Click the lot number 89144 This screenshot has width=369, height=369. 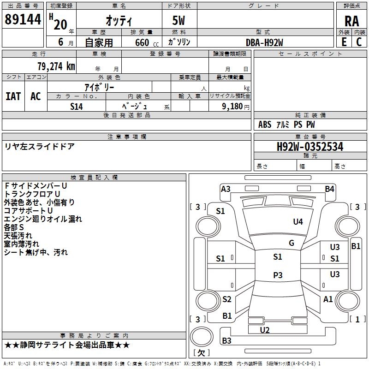pos(23,19)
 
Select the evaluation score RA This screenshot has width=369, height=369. pos(351,21)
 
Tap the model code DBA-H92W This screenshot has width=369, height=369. pos(264,42)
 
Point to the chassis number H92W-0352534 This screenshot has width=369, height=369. pos(310,147)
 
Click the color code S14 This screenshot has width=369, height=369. pos(77,106)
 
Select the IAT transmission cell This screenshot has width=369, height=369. pos(13,96)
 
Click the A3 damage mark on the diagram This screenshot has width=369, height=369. pos(226,189)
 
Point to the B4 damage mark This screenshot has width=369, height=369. pos(329,189)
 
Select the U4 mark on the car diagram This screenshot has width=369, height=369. pos(298,222)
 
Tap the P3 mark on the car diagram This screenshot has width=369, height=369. pos(277,275)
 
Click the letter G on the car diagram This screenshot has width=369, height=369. pos(292,243)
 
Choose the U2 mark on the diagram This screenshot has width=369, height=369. pos(265,330)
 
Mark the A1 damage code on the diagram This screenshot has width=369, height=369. pos(328,299)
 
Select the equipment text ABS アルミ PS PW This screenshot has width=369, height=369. pos(286,125)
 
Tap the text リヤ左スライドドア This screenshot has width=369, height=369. pos(39,147)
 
